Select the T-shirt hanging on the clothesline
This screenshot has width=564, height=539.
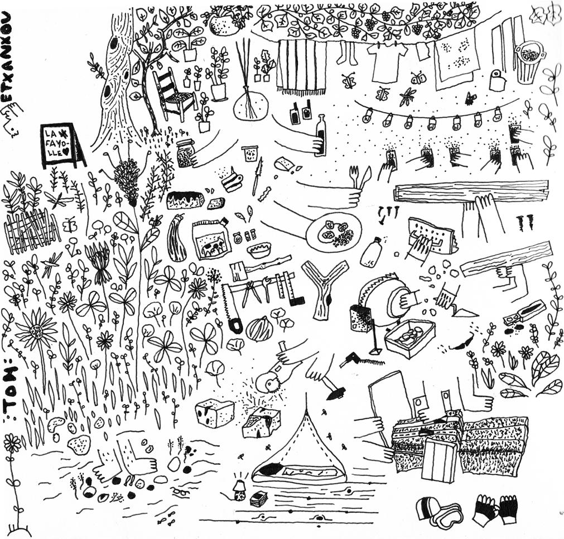tap(388, 62)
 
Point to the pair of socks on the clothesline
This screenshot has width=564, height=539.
tap(346, 53)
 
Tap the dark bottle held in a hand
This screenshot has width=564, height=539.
tap(320, 135)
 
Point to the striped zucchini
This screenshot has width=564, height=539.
tap(177, 239)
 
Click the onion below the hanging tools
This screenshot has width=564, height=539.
tap(259, 329)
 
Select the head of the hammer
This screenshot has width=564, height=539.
tap(336, 393)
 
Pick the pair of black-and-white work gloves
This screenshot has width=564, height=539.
tap(496, 509)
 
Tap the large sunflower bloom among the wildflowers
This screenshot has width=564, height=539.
tap(36, 330)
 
